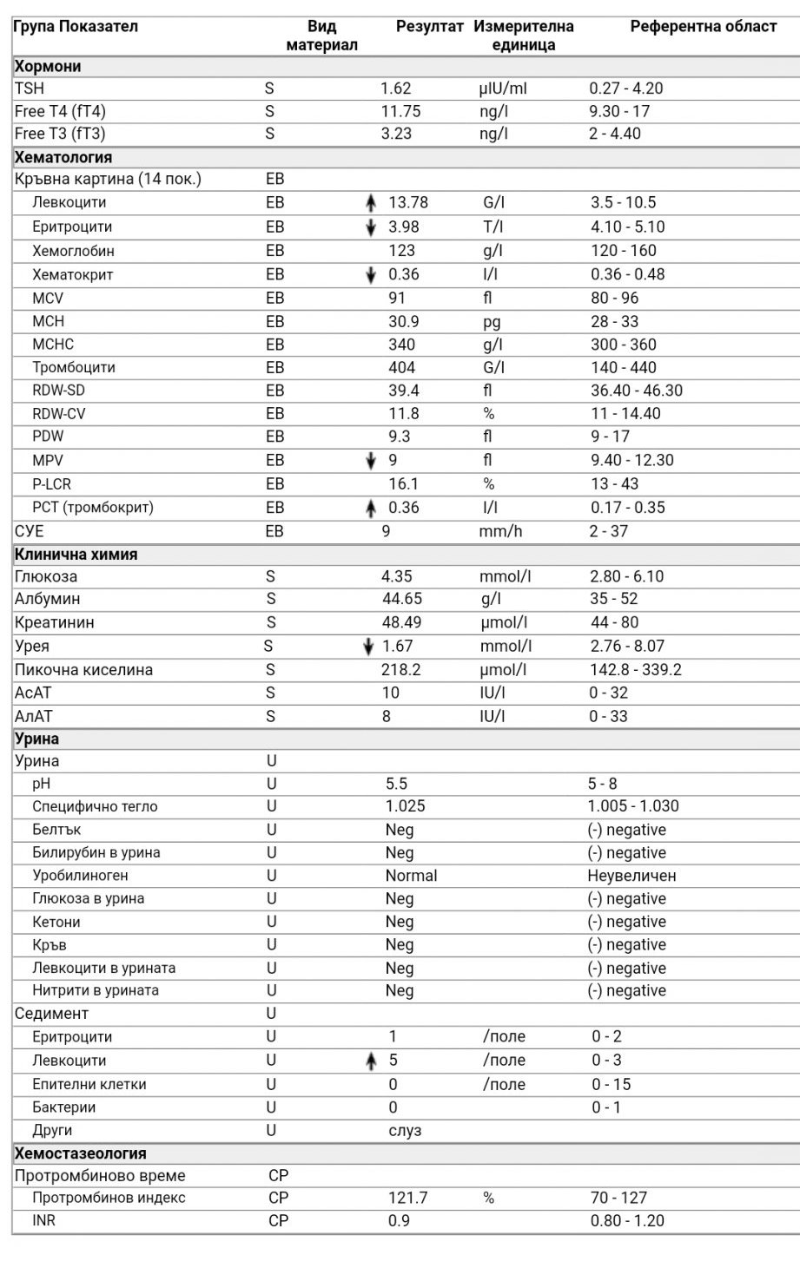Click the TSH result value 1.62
point(395,89)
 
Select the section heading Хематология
point(63,157)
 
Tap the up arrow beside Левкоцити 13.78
point(371,203)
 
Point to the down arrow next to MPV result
point(371,461)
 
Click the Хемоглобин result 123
point(401,251)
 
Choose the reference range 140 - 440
point(623,368)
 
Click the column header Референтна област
point(703,26)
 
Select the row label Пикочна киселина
point(83,670)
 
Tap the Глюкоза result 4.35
point(396,576)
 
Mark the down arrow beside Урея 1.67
point(369,647)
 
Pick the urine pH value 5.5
point(396,784)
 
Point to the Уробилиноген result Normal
point(411,876)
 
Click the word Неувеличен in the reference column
point(631,876)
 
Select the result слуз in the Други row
point(404,1131)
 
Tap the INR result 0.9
point(399,1221)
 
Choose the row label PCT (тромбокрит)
point(93,508)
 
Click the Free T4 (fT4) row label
point(60,111)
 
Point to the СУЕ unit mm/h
point(500,531)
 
